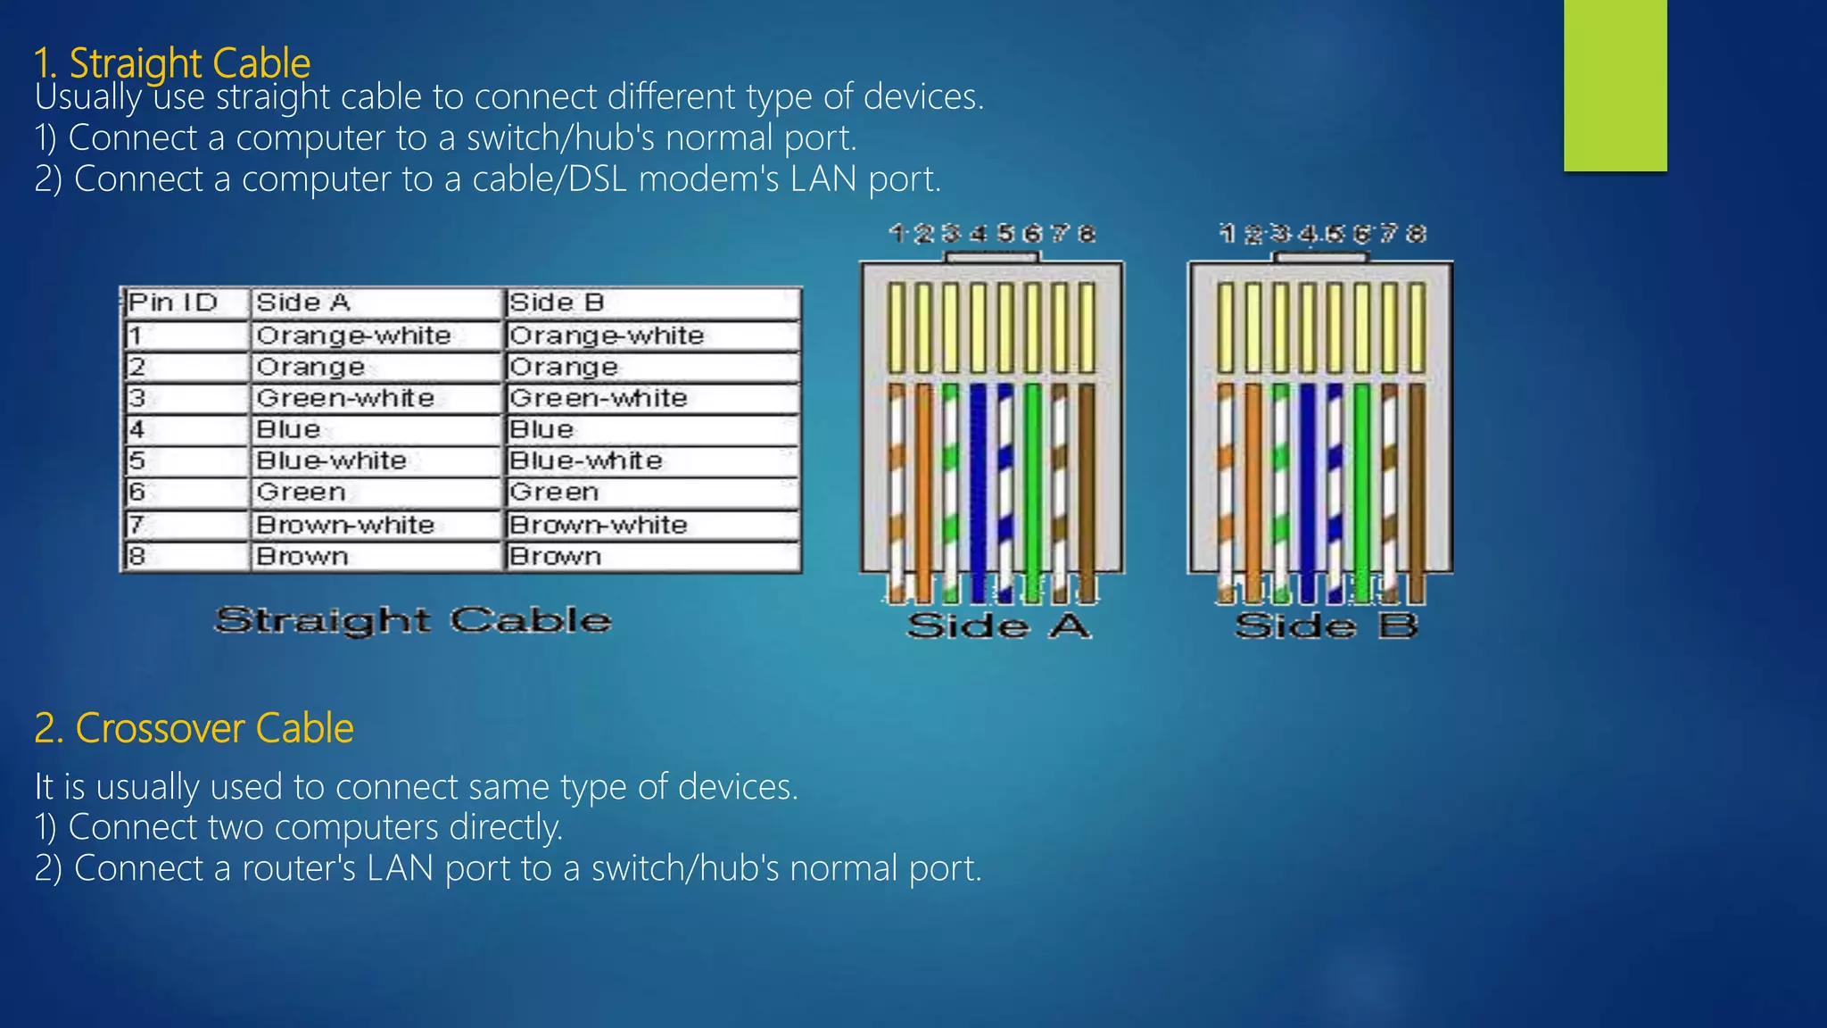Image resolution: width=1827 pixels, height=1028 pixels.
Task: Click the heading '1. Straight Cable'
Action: (x=172, y=62)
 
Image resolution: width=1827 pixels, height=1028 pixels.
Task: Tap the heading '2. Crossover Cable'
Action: (x=194, y=728)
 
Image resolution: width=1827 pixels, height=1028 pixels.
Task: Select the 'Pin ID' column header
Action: (x=173, y=303)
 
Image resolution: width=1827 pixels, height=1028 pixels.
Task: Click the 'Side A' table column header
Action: (x=303, y=303)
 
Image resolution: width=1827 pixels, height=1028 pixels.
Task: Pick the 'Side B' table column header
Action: (x=557, y=303)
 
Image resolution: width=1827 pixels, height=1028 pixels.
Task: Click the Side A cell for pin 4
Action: (x=288, y=429)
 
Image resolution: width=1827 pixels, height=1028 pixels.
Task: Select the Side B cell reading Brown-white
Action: (x=599, y=525)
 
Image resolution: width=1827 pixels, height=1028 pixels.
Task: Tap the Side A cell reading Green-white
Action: (x=345, y=398)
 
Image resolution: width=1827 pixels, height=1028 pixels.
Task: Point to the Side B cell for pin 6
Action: (x=554, y=493)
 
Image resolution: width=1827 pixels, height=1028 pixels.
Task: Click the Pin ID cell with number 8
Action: (x=136, y=557)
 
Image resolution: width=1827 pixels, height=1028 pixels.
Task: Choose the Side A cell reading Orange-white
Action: (x=353, y=336)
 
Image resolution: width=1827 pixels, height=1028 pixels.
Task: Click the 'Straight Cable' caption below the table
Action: (x=413, y=620)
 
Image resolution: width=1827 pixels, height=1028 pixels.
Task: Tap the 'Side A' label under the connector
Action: (x=998, y=626)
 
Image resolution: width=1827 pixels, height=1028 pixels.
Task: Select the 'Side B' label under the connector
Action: (x=1327, y=626)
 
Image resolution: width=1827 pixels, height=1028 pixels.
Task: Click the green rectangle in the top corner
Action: (x=1615, y=85)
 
